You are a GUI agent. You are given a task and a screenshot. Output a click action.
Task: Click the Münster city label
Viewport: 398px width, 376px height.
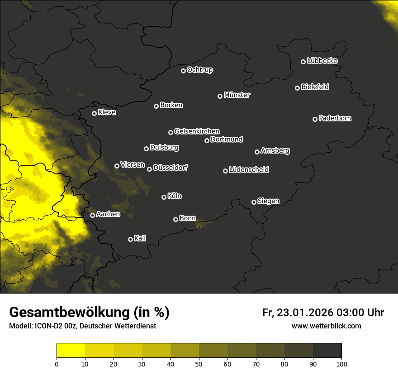tap(237, 95)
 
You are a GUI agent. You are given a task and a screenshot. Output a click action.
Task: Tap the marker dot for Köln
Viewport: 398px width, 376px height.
tap(164, 197)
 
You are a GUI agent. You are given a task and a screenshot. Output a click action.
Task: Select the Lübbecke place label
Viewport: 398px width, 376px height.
tap(322, 61)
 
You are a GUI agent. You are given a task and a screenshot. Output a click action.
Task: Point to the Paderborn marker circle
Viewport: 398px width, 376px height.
tap(315, 119)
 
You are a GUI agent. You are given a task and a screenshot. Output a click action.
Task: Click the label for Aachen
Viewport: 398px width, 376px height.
tap(108, 214)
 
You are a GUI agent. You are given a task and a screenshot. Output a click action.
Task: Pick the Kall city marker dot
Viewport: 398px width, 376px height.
tap(130, 239)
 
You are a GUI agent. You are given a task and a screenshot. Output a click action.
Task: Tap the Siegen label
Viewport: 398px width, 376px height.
tap(268, 201)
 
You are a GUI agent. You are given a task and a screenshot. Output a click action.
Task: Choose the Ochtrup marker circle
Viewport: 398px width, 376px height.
tap(183, 71)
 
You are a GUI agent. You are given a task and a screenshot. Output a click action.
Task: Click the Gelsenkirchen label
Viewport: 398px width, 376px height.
tap(197, 131)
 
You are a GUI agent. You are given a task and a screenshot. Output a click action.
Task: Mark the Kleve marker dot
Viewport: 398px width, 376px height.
tap(94, 113)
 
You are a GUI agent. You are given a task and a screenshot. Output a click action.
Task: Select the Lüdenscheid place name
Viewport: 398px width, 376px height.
tap(249, 170)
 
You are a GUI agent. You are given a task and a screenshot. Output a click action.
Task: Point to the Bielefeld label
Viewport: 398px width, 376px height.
tap(315, 87)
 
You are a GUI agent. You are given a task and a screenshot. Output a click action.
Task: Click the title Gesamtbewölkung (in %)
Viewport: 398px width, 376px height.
tap(89, 313)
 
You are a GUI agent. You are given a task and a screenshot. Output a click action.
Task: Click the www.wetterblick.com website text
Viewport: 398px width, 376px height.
tap(326, 326)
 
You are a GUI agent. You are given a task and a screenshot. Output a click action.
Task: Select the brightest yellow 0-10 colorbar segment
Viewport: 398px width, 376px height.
tap(71, 351)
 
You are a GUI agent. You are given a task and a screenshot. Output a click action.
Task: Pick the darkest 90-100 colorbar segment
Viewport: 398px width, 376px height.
tap(327, 351)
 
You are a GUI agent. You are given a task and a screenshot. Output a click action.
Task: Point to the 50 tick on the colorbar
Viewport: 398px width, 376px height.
tap(199, 363)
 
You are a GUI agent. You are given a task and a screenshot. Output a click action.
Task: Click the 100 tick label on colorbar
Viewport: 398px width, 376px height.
tap(341, 363)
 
